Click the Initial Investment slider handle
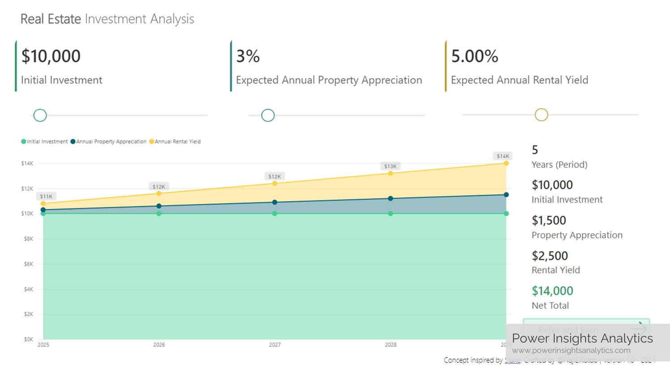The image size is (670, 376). (x=40, y=115)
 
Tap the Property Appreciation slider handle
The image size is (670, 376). (x=268, y=115)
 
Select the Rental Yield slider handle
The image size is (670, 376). (x=541, y=115)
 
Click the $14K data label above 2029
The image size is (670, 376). (x=503, y=156)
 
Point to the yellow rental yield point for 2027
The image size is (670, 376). (x=275, y=184)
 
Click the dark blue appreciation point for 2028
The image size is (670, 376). (x=390, y=198)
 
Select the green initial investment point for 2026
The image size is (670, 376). (x=159, y=214)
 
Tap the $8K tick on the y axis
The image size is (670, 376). (x=28, y=239)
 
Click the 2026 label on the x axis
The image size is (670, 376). (x=159, y=345)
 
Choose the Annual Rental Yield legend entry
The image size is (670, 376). (x=177, y=141)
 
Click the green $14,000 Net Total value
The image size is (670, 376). (x=552, y=291)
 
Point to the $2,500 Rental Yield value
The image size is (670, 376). (x=549, y=256)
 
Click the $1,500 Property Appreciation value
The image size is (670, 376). (x=549, y=221)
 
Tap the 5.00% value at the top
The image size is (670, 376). (x=474, y=56)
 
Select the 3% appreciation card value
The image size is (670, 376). (x=248, y=56)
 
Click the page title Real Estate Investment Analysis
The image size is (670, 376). (x=107, y=19)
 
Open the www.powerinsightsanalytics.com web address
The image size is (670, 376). (x=571, y=350)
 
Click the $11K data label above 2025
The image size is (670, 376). (x=46, y=197)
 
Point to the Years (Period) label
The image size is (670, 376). (x=559, y=165)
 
